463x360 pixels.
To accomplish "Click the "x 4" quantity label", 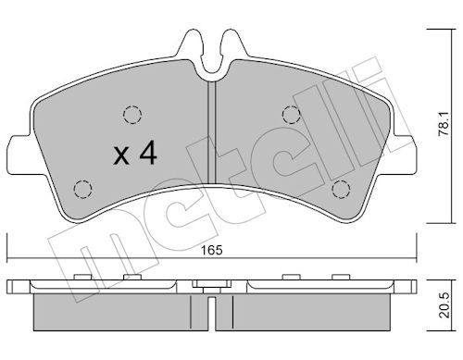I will [134, 155].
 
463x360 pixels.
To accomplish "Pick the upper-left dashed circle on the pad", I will [131, 115].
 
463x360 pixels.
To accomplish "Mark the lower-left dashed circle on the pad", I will [82, 190].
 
